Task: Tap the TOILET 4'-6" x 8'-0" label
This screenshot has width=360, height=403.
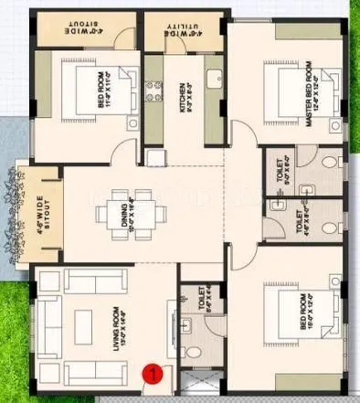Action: point(297,224)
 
